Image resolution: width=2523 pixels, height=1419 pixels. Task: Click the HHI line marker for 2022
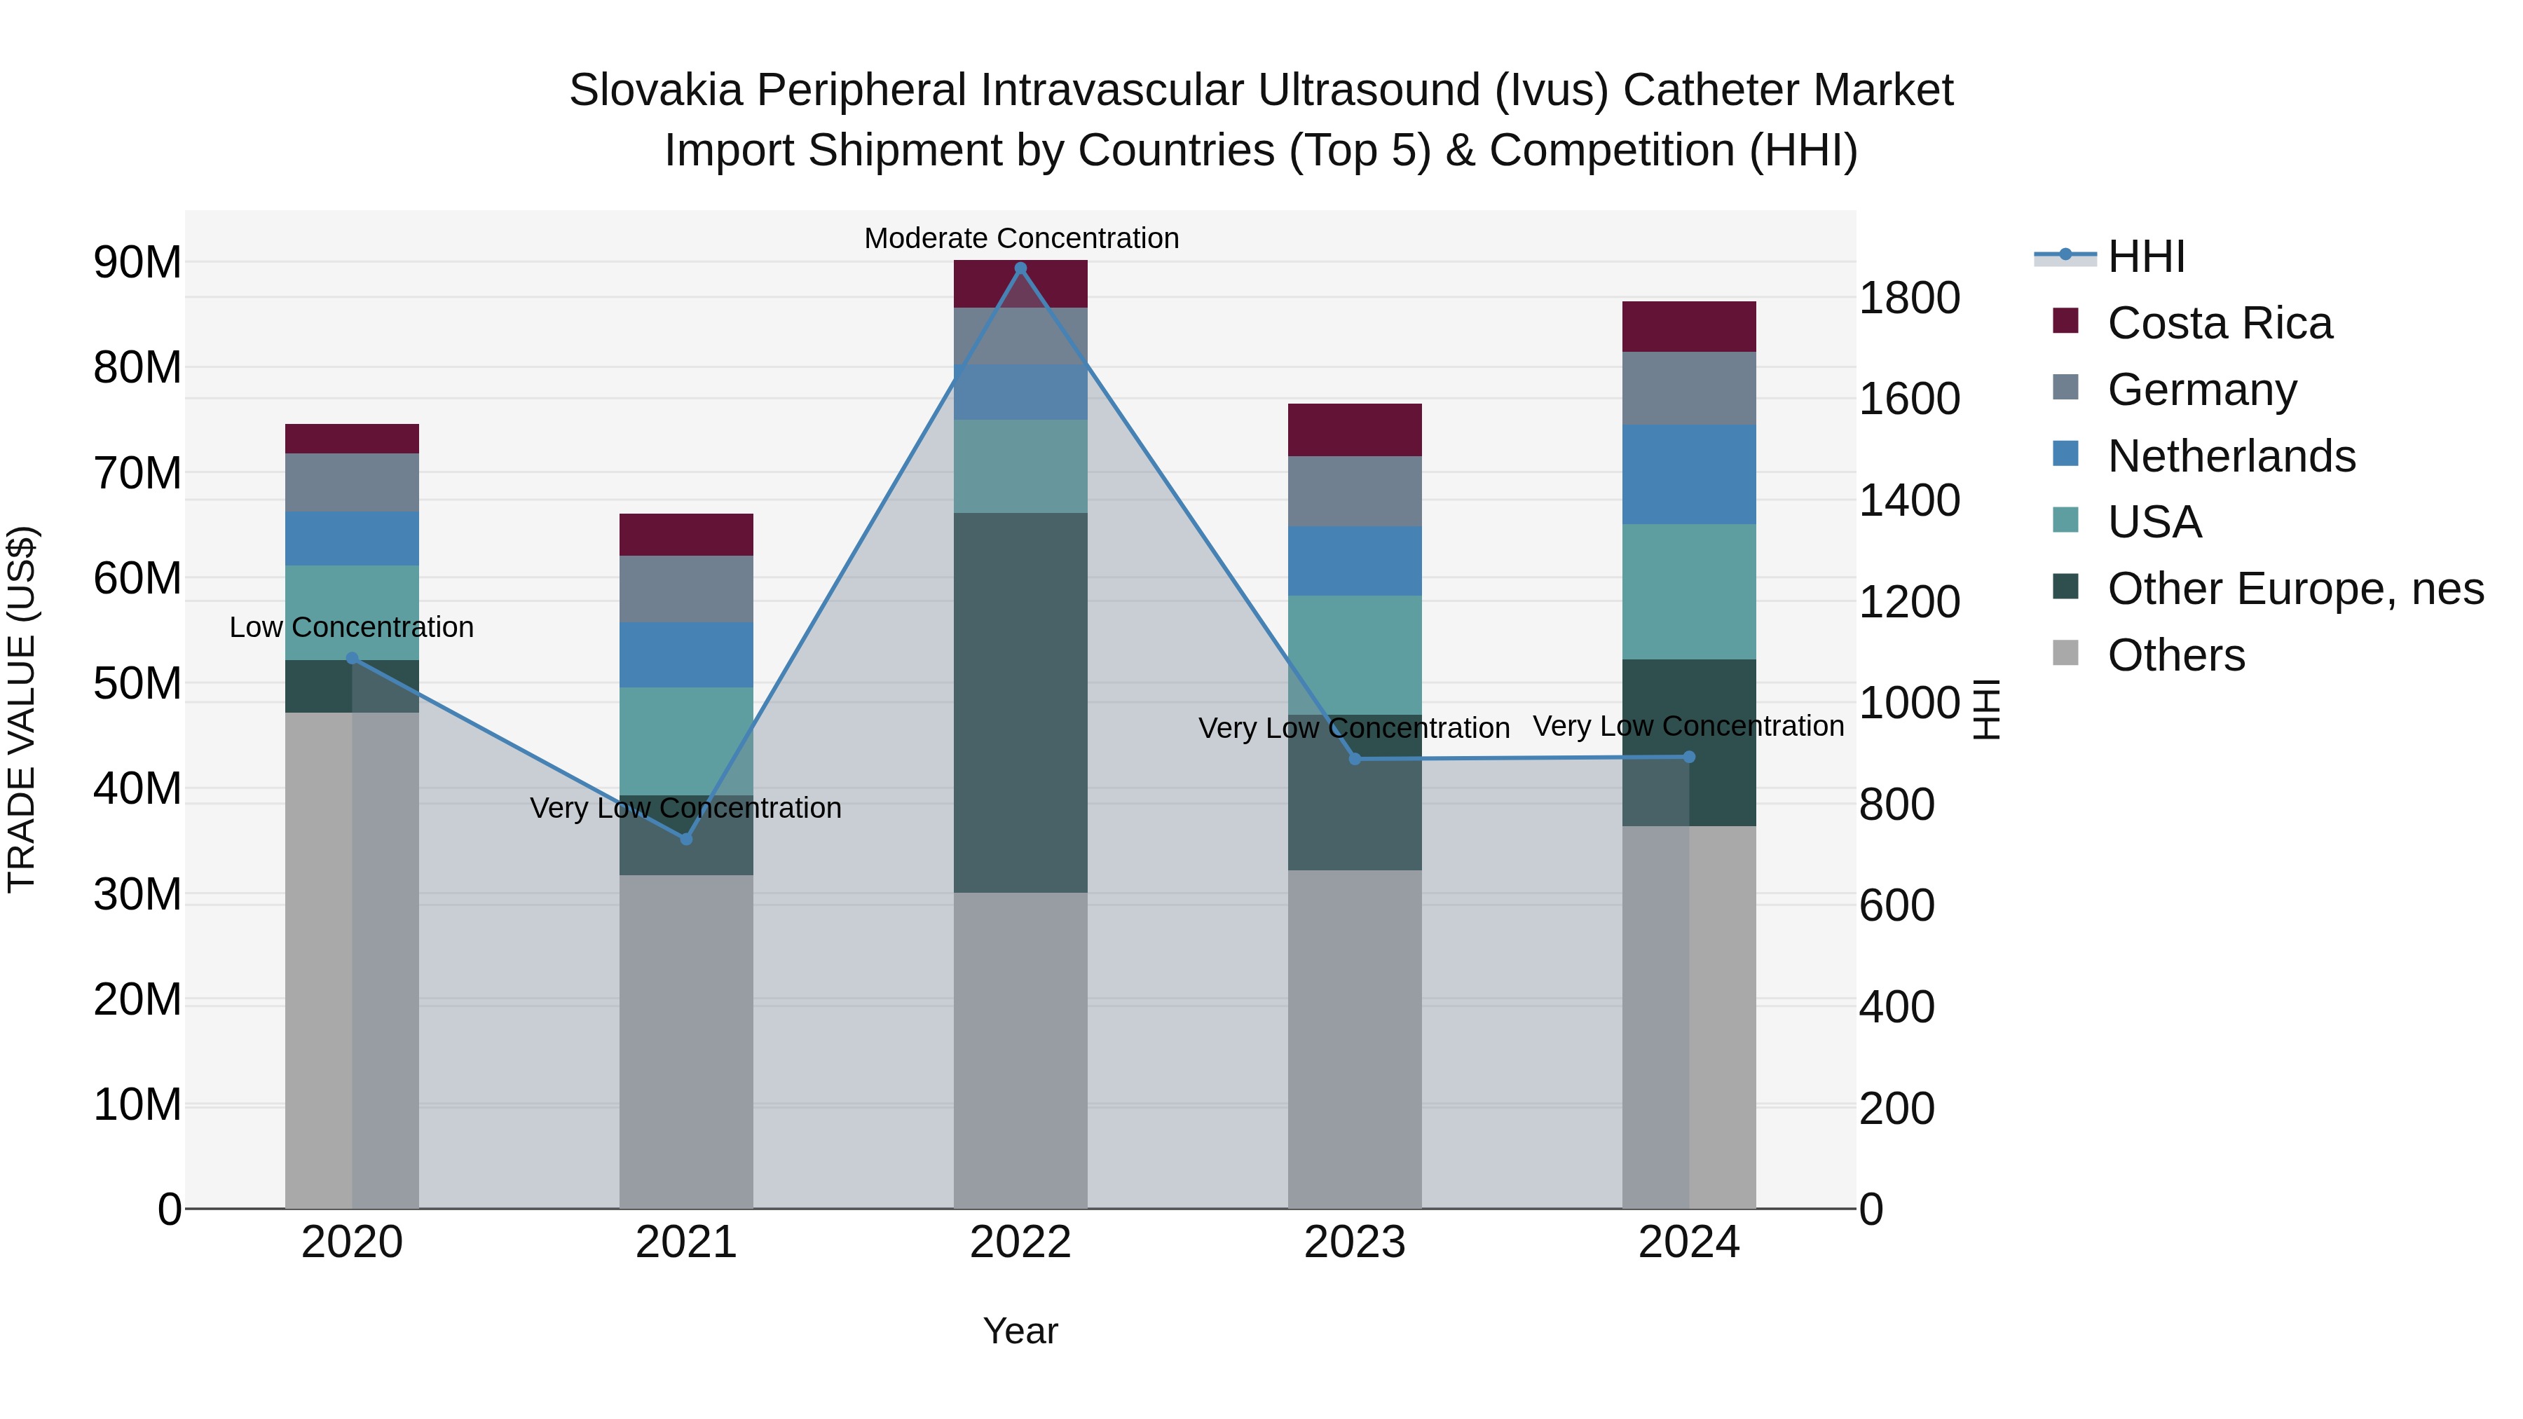1020,268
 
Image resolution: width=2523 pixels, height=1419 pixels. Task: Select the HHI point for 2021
685,839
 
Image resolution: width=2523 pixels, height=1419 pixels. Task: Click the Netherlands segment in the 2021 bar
685,654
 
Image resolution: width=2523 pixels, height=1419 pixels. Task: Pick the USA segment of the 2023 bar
1355,654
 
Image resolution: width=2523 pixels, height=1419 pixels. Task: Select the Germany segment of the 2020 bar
352,482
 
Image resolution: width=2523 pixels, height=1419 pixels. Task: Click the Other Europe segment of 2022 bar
1020,702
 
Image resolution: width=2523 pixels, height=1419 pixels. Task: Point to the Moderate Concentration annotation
1020,238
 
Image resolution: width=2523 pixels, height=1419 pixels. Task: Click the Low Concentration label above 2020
352,626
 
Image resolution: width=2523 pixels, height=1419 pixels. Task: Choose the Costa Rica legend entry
2220,323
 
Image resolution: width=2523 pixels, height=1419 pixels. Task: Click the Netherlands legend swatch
2065,454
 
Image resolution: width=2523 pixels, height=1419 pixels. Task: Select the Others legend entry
2175,654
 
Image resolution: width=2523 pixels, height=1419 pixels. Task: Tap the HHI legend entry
2146,256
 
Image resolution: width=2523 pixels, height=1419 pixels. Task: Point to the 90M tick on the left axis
137,263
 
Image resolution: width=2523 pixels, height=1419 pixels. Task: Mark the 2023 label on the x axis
1355,1242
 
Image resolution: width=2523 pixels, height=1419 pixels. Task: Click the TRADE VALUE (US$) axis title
22,709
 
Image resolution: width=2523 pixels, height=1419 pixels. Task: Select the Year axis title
1020,1331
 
